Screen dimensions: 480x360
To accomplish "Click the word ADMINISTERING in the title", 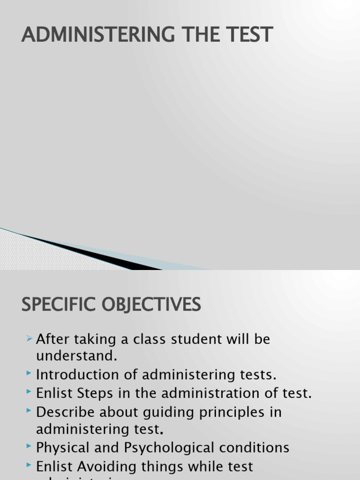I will (87, 35).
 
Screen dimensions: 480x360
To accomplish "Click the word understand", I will (76, 356).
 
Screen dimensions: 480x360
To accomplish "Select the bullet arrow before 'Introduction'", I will (29, 374).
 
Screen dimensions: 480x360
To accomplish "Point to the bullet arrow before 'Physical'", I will (29, 447).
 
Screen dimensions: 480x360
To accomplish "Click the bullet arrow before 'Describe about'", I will (29, 411).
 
